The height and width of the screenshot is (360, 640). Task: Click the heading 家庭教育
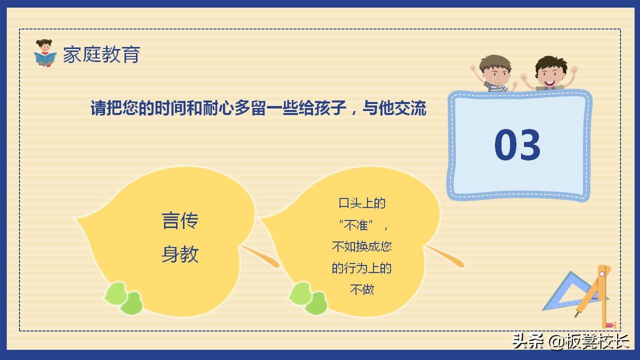click(x=101, y=54)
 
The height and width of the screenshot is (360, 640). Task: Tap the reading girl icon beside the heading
click(x=45, y=53)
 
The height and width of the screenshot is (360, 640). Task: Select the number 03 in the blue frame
click(x=517, y=145)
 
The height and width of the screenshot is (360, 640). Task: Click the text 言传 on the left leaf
click(x=180, y=220)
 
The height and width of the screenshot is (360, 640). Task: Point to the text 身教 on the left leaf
click(x=180, y=254)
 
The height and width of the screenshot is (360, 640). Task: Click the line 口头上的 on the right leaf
click(x=362, y=203)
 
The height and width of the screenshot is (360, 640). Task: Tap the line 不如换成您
click(x=362, y=246)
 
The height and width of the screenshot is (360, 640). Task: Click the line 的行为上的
click(x=362, y=268)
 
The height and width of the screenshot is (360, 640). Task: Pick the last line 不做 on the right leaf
click(x=362, y=289)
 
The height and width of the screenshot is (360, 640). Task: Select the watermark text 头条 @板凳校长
click(x=570, y=341)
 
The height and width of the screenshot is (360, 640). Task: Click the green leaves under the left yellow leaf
click(x=123, y=298)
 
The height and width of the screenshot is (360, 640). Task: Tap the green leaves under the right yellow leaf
click(x=308, y=298)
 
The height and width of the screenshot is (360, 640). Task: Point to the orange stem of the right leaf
click(x=446, y=256)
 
